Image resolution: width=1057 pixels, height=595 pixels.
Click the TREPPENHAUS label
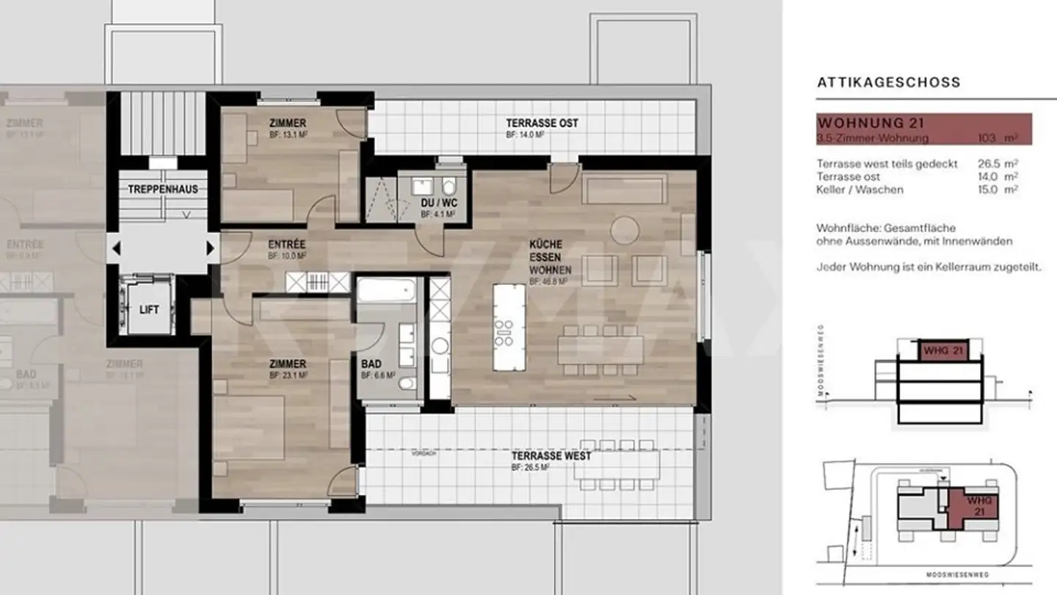[x=163, y=189]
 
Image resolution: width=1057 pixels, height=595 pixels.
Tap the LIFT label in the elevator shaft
[x=149, y=310]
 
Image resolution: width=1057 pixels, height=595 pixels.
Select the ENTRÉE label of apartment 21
[x=287, y=244]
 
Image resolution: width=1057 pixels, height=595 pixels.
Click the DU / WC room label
[x=438, y=203]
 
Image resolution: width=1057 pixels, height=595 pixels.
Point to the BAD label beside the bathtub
[x=371, y=364]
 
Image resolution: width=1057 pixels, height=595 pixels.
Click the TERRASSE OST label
[x=542, y=123]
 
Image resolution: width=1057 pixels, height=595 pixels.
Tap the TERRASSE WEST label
[x=551, y=456]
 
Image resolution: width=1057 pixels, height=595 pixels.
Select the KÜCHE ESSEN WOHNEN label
[x=545, y=257]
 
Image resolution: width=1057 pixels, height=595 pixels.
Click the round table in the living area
[x=624, y=231]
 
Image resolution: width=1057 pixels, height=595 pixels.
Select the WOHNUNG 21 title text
[x=870, y=123]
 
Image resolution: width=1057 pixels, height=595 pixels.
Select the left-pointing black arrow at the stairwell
[x=115, y=249]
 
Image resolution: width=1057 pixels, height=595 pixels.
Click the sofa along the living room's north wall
[x=624, y=189]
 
